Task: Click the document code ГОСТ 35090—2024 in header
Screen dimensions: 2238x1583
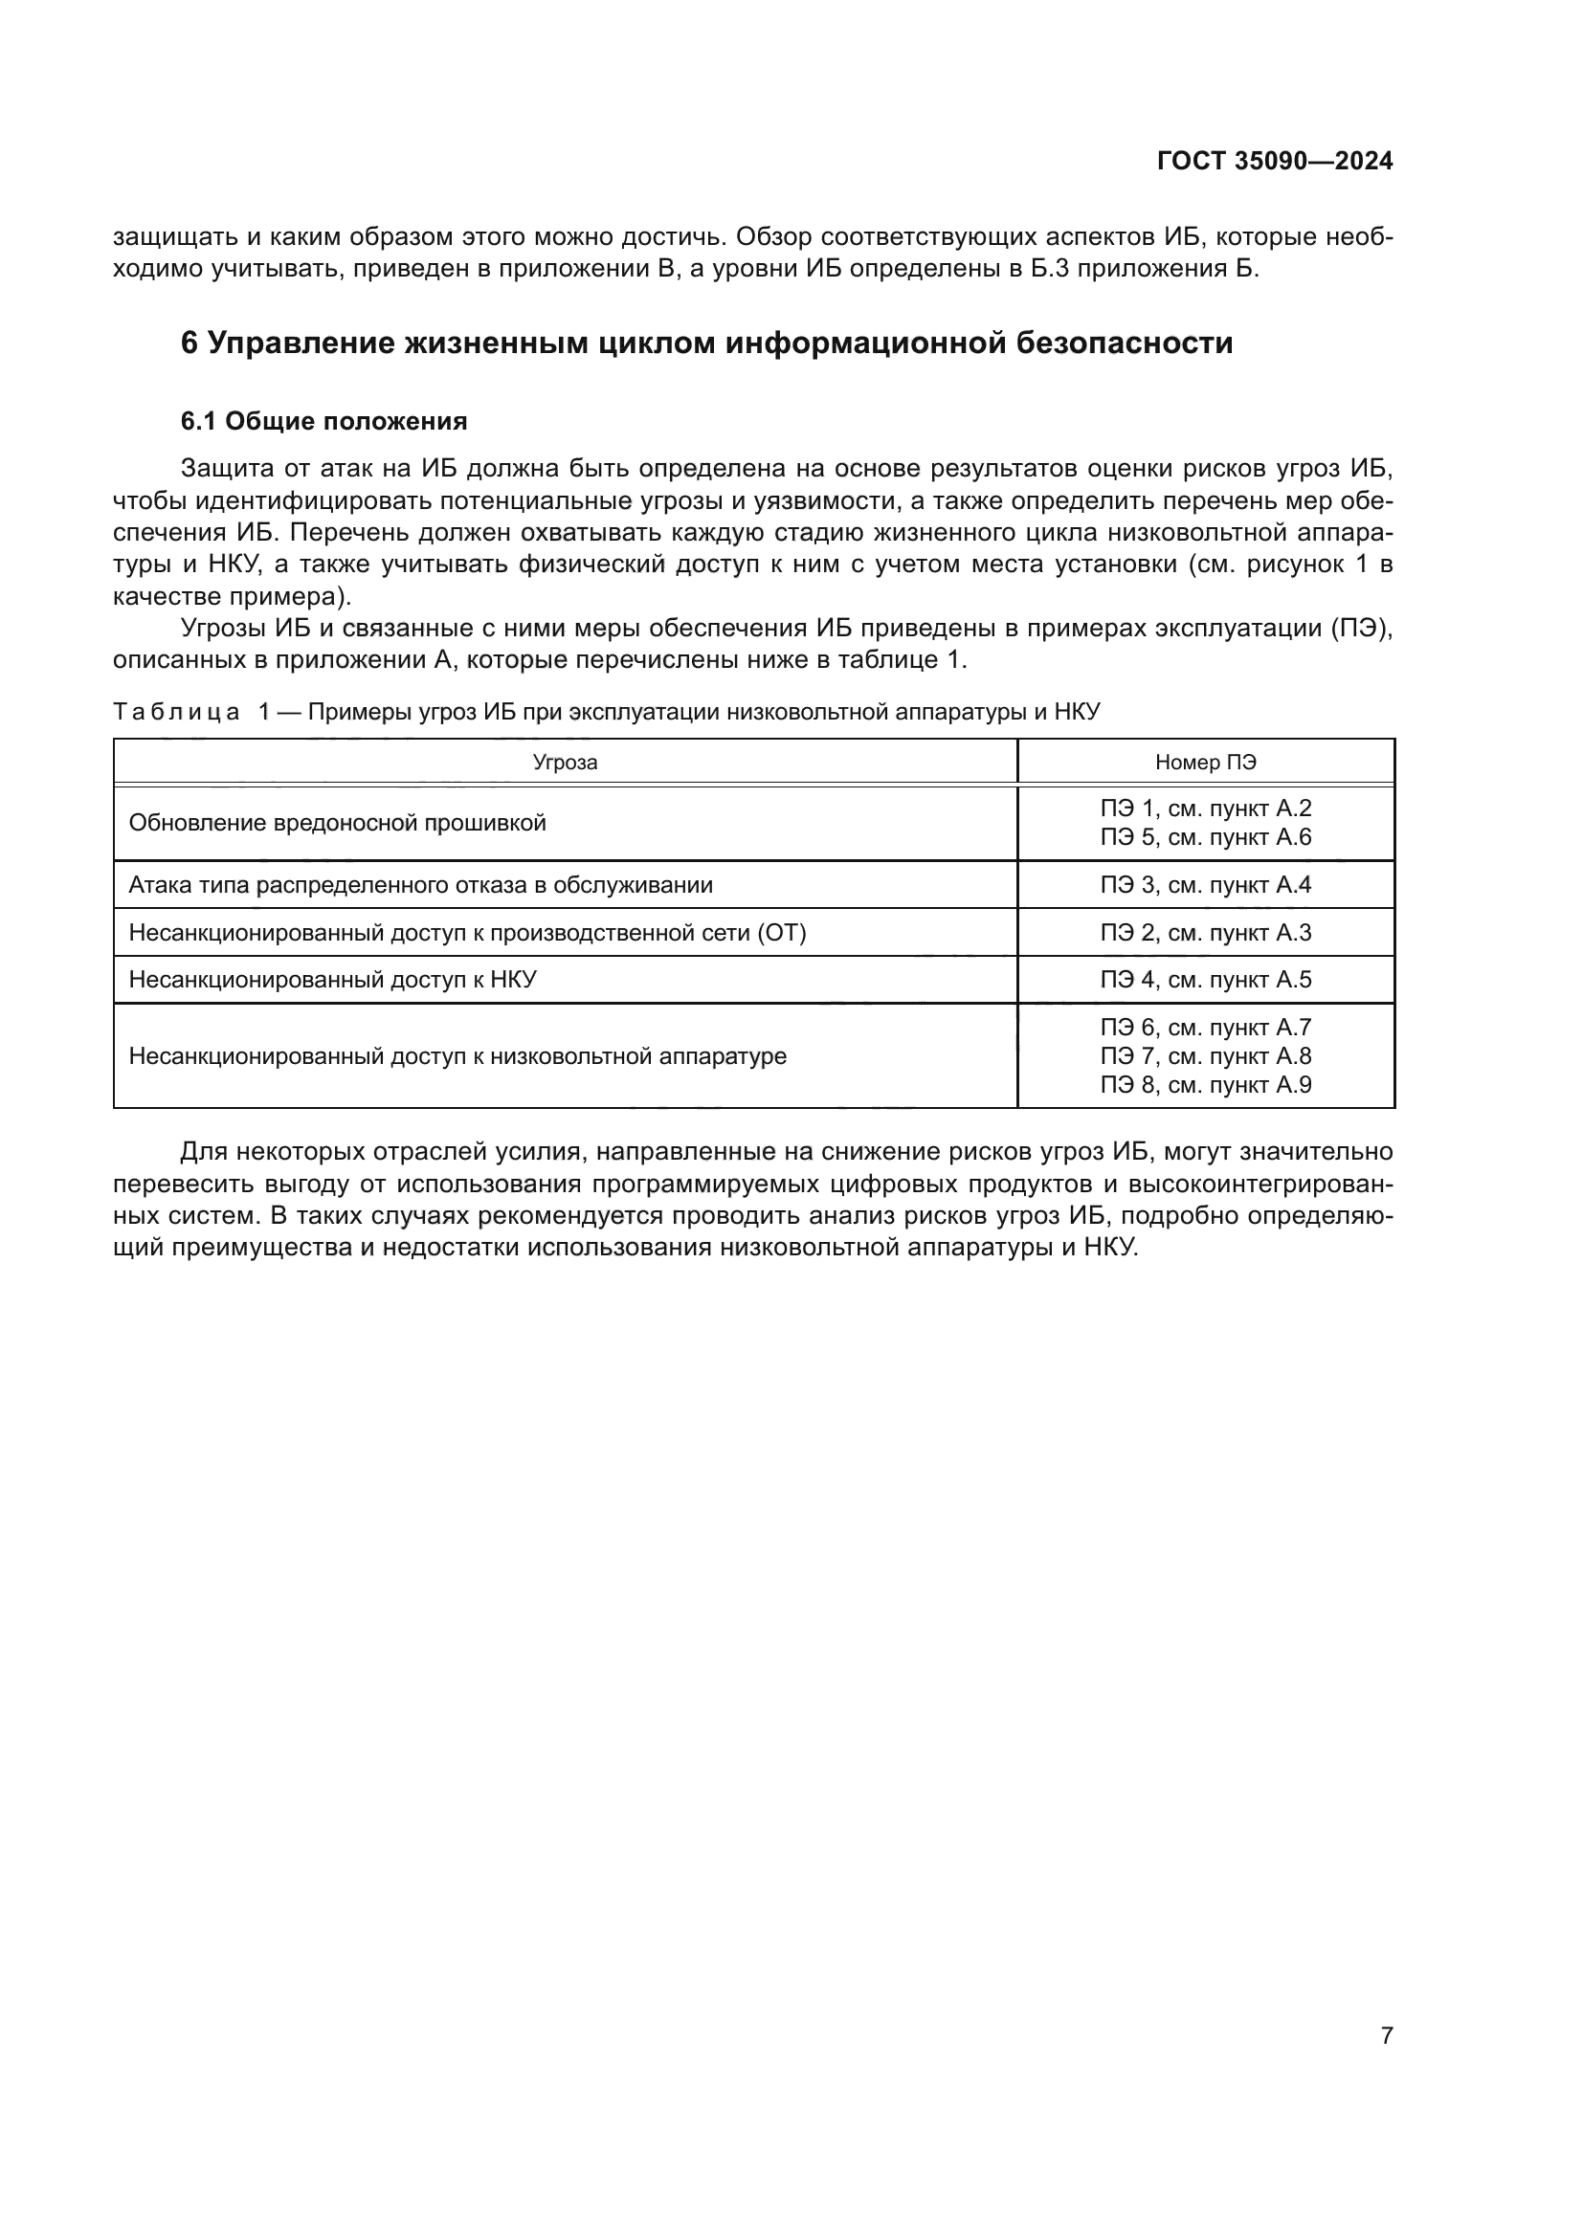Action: [x=1274, y=162]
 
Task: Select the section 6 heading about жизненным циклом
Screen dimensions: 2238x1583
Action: [x=706, y=343]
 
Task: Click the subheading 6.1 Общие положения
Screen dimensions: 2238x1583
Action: [x=323, y=421]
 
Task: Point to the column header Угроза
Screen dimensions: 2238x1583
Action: [x=565, y=763]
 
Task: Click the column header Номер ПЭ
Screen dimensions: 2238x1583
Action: [x=1205, y=763]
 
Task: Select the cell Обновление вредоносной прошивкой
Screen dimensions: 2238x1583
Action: [x=337, y=823]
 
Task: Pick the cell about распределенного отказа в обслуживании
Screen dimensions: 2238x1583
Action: [x=420, y=885]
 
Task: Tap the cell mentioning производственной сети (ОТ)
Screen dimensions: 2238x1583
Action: [x=467, y=933]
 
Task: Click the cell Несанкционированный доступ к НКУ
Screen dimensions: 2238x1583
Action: [x=332, y=980]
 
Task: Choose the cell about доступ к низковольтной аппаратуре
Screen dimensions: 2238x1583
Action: [x=457, y=1055]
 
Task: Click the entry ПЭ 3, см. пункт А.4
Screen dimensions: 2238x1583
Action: [x=1205, y=885]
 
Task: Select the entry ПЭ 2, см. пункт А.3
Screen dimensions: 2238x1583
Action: [x=1205, y=933]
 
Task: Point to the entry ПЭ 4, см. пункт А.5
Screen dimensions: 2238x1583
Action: [x=1205, y=980]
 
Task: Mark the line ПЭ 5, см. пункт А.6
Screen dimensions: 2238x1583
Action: [x=1205, y=837]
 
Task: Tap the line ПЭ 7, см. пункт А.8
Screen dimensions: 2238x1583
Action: [x=1205, y=1055]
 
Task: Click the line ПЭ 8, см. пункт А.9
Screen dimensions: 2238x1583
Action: [x=1205, y=1085]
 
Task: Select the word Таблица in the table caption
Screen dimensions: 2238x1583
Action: [x=176, y=712]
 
